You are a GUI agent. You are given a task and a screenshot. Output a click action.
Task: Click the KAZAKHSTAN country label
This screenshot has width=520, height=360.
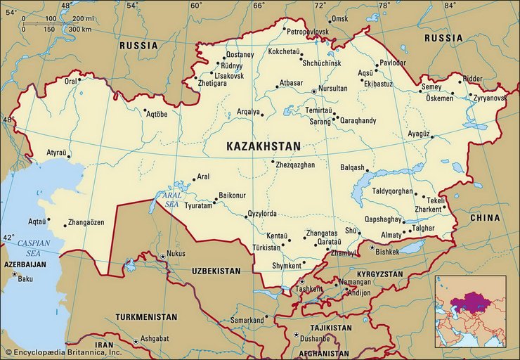click(263, 146)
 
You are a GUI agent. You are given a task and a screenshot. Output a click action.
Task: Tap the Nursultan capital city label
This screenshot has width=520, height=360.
click(333, 89)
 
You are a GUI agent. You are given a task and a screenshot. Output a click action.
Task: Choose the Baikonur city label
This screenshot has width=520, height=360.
click(232, 195)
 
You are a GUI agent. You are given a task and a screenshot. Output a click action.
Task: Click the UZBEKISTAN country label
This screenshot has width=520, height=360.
click(216, 271)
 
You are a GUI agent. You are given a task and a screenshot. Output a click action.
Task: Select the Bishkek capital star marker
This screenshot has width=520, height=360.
click(372, 247)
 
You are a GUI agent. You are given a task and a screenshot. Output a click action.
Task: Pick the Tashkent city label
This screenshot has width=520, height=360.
click(310, 289)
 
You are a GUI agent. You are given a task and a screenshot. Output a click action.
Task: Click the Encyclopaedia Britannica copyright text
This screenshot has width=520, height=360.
click(64, 351)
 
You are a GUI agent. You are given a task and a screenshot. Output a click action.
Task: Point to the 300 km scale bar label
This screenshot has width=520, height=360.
click(80, 29)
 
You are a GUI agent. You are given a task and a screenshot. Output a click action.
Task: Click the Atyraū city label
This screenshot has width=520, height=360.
click(57, 152)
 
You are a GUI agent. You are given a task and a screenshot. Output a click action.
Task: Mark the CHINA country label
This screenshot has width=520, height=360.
click(485, 218)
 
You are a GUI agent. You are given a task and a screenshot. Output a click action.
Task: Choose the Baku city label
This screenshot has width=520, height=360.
click(25, 279)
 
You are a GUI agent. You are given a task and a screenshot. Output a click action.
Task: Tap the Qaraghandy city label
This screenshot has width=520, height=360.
click(358, 121)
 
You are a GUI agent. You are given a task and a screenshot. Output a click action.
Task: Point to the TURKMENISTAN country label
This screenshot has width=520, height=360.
click(146, 317)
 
